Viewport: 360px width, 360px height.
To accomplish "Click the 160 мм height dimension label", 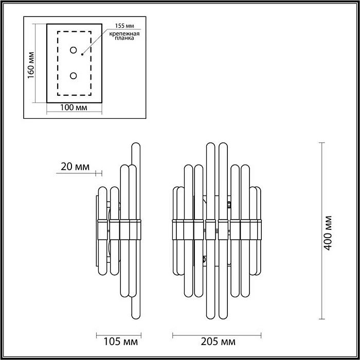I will (x=31, y=66).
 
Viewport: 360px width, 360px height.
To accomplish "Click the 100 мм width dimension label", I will (x=73, y=108).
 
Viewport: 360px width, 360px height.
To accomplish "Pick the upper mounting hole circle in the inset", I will (x=74, y=50).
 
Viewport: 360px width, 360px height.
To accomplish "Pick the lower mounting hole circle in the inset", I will (x=74, y=76).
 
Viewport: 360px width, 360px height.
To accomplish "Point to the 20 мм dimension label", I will (x=75, y=167).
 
